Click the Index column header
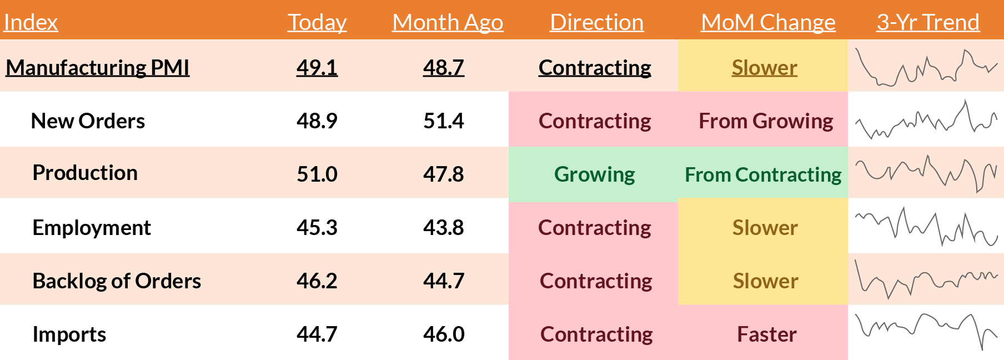pyautogui.click(x=31, y=22)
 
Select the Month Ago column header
pyautogui.click(x=448, y=22)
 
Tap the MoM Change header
pyautogui.click(x=768, y=22)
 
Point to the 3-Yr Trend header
pyautogui.click(x=928, y=22)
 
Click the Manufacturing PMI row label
pyautogui.click(x=98, y=67)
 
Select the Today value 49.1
pyautogui.click(x=317, y=67)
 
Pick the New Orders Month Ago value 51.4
pyautogui.click(x=443, y=121)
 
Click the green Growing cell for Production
pyautogui.click(x=594, y=174)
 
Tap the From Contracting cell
pyautogui.click(x=763, y=174)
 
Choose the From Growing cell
pyautogui.click(x=766, y=121)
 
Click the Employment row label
pyautogui.click(x=92, y=227)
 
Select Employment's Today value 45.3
pyautogui.click(x=317, y=227)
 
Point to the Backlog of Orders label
pyautogui.click(x=117, y=281)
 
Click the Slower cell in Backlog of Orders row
pyautogui.click(x=765, y=281)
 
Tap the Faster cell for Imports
pyautogui.click(x=766, y=334)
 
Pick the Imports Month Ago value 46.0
pyautogui.click(x=443, y=334)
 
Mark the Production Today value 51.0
pyautogui.click(x=317, y=174)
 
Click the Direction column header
pyautogui.click(x=596, y=22)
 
